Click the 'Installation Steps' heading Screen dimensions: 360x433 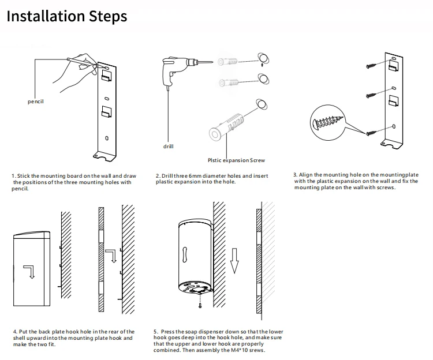coord(66,16)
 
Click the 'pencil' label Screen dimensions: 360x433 coord(36,102)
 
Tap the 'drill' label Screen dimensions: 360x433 coord(168,147)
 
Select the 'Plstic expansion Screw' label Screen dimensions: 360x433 coord(236,160)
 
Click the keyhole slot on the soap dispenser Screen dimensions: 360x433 coord(185,254)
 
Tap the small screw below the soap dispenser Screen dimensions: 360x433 coord(200,306)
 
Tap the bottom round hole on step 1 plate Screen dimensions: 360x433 coord(106,138)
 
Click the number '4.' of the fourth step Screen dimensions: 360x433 coord(14,332)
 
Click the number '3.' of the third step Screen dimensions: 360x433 coord(295,174)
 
